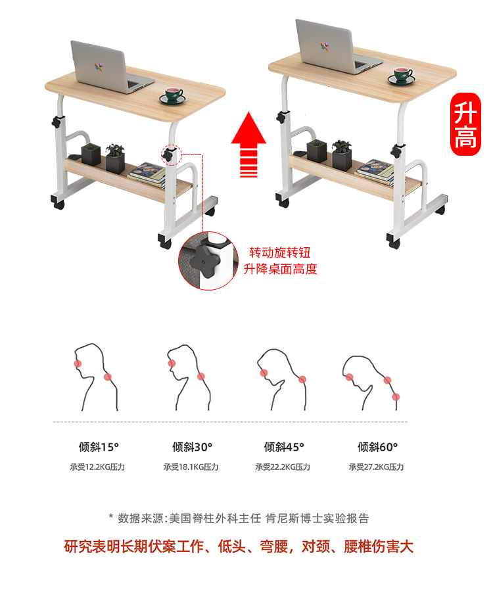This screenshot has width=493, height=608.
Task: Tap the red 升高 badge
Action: pyautogui.click(x=465, y=124)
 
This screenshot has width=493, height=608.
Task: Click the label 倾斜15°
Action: pyautogui.click(x=99, y=447)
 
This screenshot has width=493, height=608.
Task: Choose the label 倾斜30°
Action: pyautogui.click(x=192, y=447)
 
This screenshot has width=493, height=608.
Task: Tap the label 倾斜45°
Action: pyautogui.click(x=284, y=447)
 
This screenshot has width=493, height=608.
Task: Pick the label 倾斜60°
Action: pyautogui.click(x=377, y=447)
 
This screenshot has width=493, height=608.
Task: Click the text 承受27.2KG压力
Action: pyautogui.click(x=376, y=467)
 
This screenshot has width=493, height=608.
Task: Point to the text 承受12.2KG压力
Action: pyautogui.click(x=97, y=467)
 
